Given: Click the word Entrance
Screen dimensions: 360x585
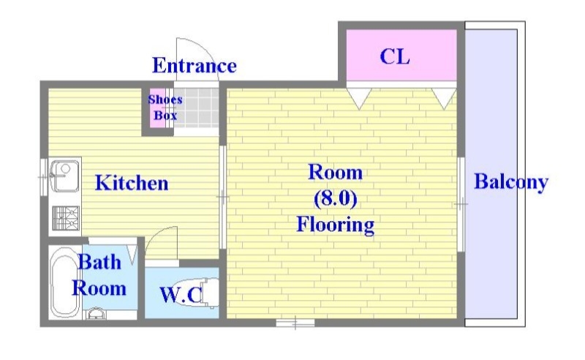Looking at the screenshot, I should (194, 66).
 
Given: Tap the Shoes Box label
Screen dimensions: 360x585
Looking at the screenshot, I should (165, 108).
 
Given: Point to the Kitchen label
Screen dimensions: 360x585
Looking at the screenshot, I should (132, 182).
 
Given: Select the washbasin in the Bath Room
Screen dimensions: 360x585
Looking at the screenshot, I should (96, 314).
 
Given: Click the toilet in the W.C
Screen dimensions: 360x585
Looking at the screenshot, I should (206, 293).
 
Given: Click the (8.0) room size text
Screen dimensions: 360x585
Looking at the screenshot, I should (335, 198).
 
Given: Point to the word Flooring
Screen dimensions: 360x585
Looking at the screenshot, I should (335, 224).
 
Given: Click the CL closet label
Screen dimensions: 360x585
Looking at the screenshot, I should (395, 56).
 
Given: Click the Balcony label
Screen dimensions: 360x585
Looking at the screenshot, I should (511, 181).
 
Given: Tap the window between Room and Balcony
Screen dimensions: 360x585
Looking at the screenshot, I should (461, 204).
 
